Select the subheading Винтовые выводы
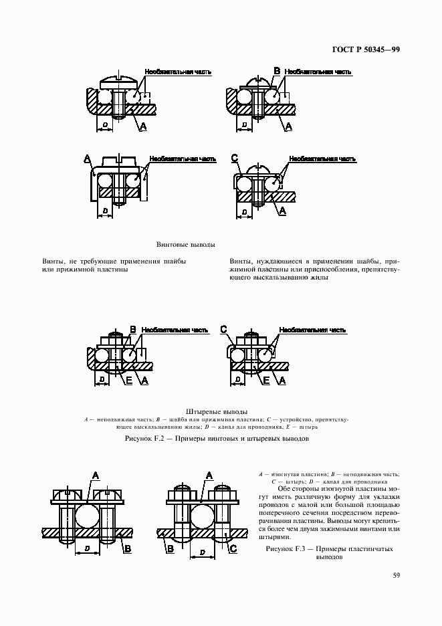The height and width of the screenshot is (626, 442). tap(181, 245)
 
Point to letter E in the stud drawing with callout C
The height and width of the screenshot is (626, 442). tap(265, 380)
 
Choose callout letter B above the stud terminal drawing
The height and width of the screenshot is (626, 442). tap(132, 329)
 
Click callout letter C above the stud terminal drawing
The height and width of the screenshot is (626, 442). tap(224, 329)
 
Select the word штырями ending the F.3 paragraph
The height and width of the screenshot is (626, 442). tap(275, 536)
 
